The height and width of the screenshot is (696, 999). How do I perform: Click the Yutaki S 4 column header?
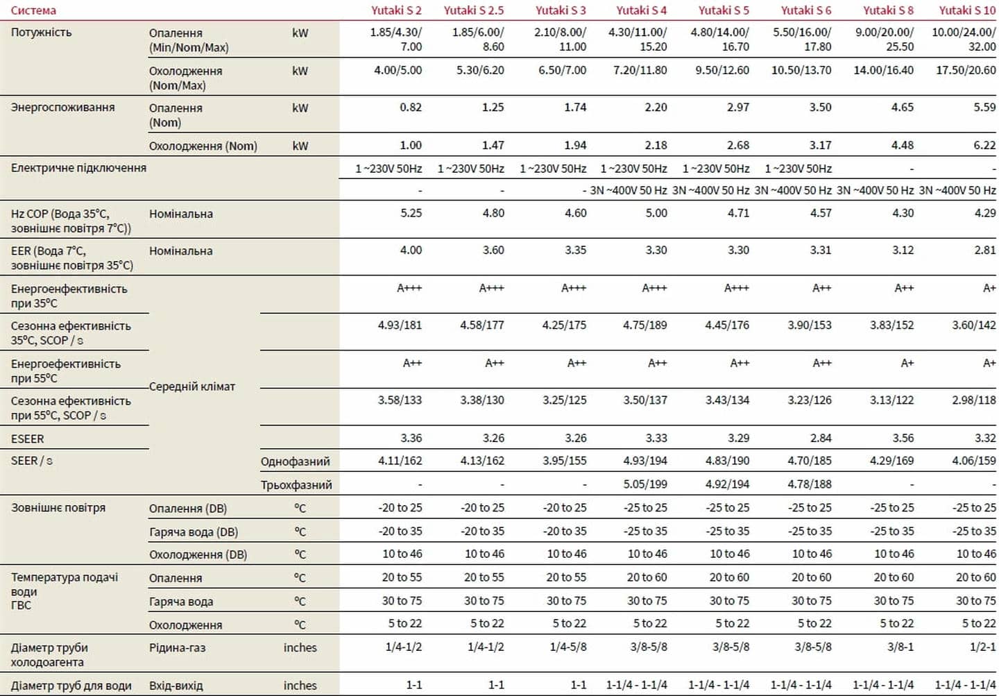click(x=641, y=10)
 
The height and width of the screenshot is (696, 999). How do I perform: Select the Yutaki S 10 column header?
click(x=967, y=10)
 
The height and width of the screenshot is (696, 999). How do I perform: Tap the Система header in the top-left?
click(x=33, y=10)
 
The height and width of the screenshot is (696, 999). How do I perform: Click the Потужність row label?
click(x=41, y=33)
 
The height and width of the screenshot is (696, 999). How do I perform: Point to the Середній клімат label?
click(x=192, y=387)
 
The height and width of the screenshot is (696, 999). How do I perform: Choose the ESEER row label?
click(x=27, y=439)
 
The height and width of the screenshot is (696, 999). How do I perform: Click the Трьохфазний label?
click(x=296, y=485)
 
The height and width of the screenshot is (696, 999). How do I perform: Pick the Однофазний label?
click(x=295, y=461)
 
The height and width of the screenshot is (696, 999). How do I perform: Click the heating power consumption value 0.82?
click(x=411, y=108)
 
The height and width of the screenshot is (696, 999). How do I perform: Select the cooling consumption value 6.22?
click(x=984, y=145)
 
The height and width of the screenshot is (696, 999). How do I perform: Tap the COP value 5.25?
click(x=411, y=213)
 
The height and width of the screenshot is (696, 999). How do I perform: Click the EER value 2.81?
click(x=984, y=250)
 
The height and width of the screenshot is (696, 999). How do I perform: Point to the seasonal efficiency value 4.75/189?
click(x=644, y=325)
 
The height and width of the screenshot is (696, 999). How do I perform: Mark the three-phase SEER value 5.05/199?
click(x=644, y=484)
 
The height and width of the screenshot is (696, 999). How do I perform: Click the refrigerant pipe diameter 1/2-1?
click(x=982, y=647)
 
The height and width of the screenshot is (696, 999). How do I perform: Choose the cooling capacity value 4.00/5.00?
click(x=398, y=70)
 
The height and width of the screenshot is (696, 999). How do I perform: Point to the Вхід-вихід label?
click(x=176, y=686)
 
